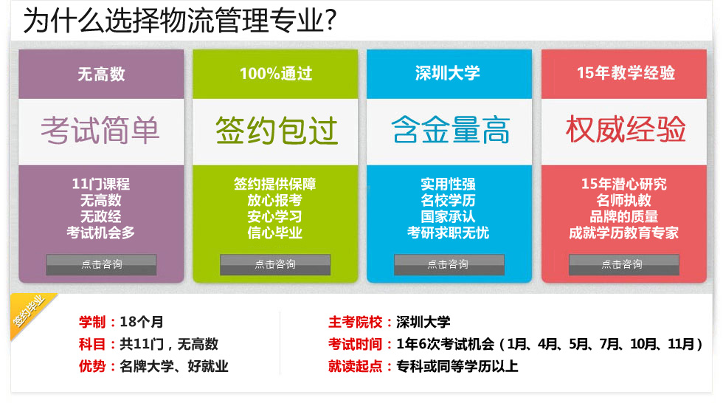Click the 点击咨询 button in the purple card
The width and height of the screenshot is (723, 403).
point(101,265)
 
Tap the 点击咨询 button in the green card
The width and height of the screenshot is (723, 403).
point(274,265)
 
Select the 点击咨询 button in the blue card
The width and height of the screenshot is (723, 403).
point(449,265)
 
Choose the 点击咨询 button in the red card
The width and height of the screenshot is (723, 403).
point(623,265)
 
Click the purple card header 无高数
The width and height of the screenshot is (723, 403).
point(101,74)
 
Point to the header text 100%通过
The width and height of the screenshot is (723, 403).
point(276,73)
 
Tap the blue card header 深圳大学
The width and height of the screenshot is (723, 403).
point(447,73)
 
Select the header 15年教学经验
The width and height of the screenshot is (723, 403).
point(626,73)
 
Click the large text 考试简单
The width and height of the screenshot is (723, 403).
point(100,130)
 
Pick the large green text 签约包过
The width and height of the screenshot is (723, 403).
point(276,130)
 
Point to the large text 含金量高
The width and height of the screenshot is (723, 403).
point(451,130)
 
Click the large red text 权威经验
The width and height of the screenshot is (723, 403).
point(626,129)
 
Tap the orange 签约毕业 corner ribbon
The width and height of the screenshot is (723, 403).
point(29,311)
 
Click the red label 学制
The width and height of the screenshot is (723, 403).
point(92,322)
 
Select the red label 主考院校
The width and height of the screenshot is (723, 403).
point(355,322)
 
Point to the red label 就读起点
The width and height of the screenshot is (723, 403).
point(355,366)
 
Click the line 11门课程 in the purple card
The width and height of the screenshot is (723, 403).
point(100,184)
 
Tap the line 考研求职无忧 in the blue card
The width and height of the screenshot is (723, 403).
point(448,232)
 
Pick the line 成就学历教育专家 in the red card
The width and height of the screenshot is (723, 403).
point(623,232)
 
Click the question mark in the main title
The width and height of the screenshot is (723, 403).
point(331,21)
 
